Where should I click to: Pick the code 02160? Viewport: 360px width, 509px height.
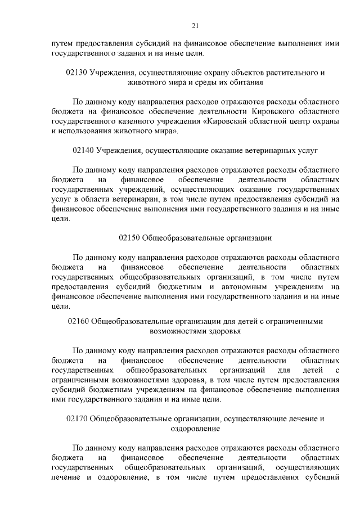coord(78,322)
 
